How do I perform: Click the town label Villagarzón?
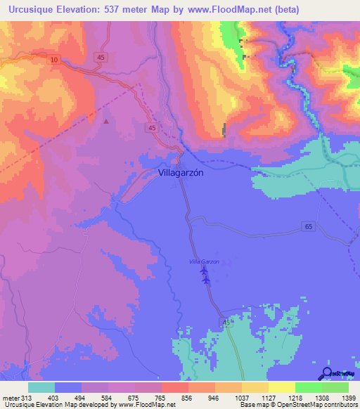181,172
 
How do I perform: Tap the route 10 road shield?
54,60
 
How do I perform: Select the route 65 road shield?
309,226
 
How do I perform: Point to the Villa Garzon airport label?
204,261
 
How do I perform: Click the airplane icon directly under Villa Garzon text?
204,270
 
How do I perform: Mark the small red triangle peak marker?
106,122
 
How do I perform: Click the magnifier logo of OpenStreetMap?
327,373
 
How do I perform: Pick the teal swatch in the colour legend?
41,387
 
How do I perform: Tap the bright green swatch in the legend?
308,387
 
